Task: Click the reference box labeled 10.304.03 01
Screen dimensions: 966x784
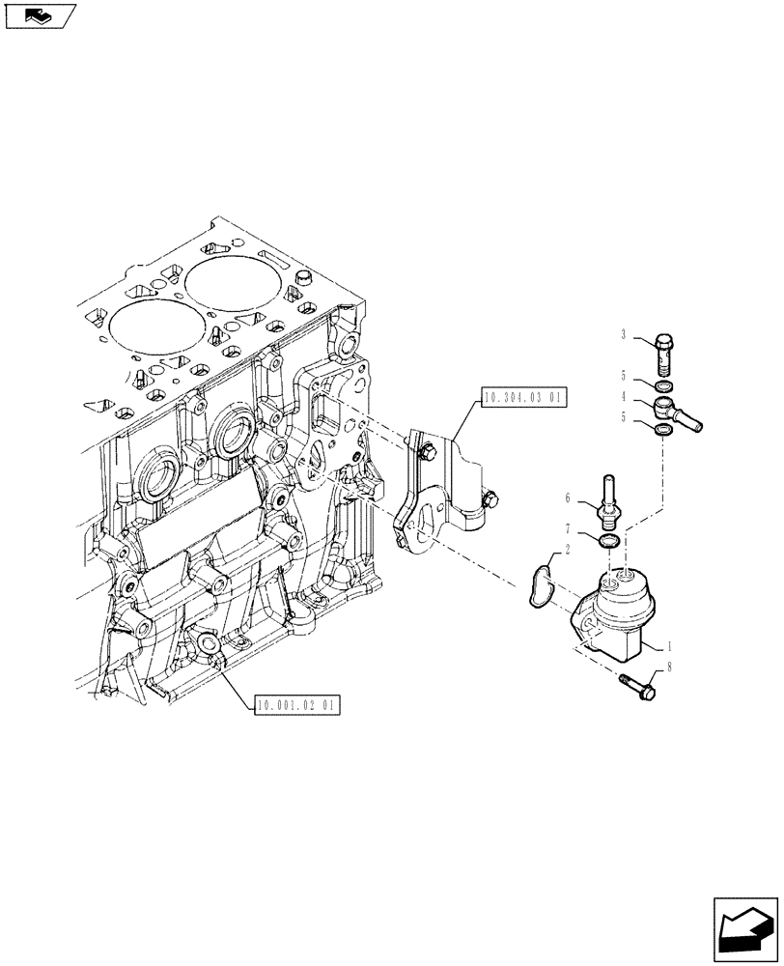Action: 522,397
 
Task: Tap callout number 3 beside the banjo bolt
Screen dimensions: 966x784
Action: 626,335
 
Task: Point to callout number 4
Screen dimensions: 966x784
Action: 626,396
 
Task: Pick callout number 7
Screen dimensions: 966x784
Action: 571,529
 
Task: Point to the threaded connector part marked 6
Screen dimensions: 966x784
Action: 609,497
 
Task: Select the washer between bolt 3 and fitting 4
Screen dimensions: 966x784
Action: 664,385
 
